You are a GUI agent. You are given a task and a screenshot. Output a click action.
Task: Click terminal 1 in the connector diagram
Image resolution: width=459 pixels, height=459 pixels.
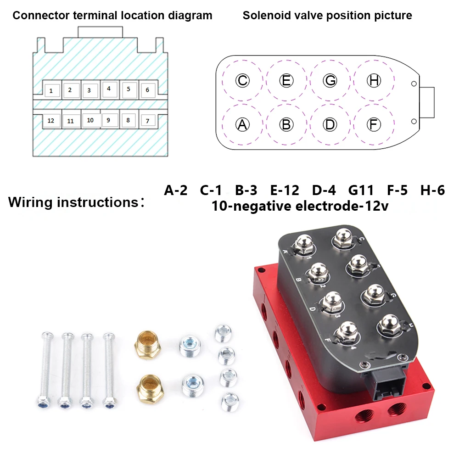[51, 90]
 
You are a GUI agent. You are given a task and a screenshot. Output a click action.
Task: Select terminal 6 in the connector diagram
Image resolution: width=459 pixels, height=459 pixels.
[147, 90]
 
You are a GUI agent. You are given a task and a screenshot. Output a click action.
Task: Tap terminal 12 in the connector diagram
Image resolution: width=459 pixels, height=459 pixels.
[51, 121]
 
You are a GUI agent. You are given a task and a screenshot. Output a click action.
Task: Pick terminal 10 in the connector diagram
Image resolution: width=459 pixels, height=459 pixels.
[90, 120]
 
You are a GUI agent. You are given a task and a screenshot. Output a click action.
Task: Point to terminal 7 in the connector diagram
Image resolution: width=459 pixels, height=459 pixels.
[147, 121]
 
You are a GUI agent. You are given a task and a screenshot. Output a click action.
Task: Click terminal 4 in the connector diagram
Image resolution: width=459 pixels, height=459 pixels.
[109, 88]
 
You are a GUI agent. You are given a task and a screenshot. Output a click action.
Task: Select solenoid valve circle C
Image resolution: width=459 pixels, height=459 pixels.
[242, 81]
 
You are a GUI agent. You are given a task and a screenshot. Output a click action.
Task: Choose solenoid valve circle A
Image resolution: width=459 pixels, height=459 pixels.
[242, 124]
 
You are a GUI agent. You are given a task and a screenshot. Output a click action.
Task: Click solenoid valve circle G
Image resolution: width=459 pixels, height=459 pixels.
[330, 81]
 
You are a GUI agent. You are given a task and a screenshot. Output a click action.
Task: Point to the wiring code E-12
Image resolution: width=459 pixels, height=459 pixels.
[285, 190]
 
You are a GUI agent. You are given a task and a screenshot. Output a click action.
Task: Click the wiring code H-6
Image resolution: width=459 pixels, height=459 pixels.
[432, 190]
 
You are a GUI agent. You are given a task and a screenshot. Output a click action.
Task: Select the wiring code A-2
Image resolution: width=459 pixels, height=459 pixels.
[176, 190]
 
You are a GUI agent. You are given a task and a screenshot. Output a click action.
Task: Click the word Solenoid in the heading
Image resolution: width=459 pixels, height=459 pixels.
[264, 16]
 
